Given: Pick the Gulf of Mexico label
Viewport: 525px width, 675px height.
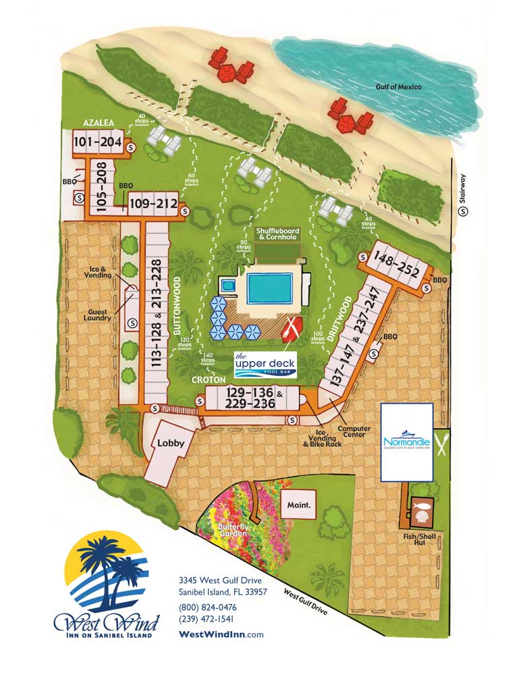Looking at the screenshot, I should [399, 86].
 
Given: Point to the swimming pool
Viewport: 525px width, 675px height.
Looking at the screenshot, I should [270, 288].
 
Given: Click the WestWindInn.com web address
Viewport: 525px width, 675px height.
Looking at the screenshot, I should [221, 634].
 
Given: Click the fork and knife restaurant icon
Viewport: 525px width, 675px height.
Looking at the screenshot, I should [442, 443].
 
